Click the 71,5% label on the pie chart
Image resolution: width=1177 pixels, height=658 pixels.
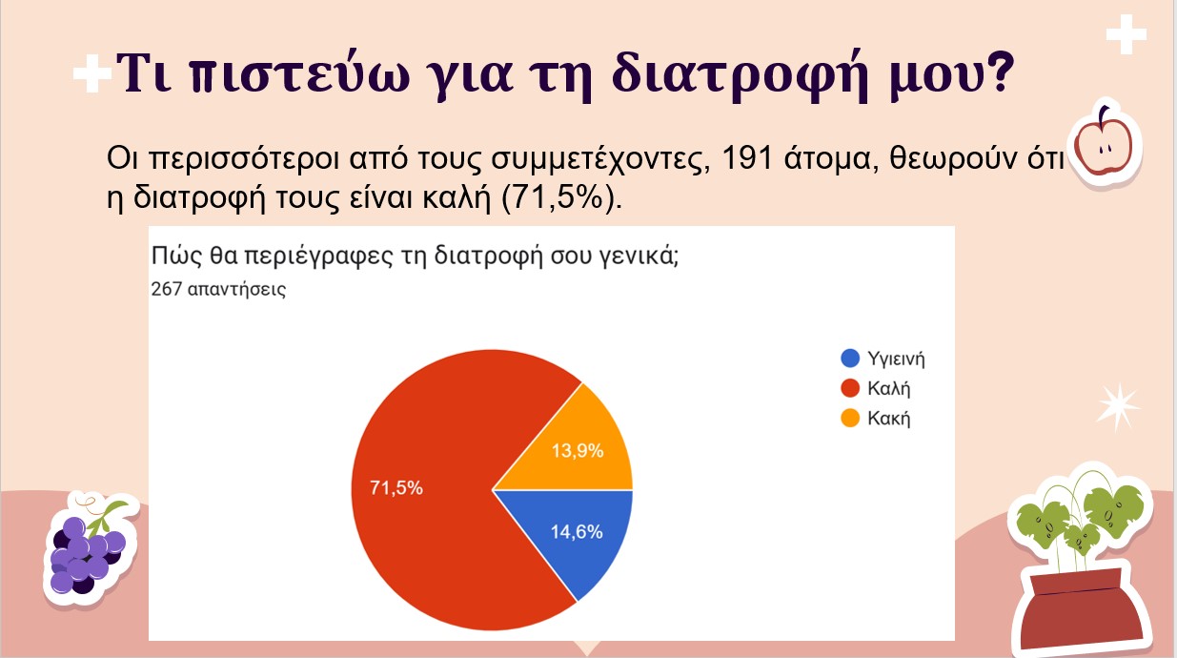396,488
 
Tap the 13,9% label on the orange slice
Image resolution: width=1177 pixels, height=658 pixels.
578,451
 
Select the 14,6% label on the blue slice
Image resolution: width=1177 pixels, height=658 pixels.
577,532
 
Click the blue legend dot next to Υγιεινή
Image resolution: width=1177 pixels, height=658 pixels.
850,359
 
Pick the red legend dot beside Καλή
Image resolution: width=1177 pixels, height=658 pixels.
850,388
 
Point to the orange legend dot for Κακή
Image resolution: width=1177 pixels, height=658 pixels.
850,418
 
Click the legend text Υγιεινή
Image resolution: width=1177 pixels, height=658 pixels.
896,359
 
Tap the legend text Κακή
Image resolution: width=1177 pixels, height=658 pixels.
888,418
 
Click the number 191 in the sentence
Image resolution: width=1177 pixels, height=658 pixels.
747,157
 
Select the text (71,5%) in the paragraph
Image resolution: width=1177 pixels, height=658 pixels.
561,198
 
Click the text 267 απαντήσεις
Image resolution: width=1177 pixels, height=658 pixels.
218,289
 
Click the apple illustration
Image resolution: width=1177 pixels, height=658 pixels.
1104,143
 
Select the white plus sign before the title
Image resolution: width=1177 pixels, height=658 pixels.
91,73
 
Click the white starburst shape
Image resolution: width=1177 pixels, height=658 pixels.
1117,406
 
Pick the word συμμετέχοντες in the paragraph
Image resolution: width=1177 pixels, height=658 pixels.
601,158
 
